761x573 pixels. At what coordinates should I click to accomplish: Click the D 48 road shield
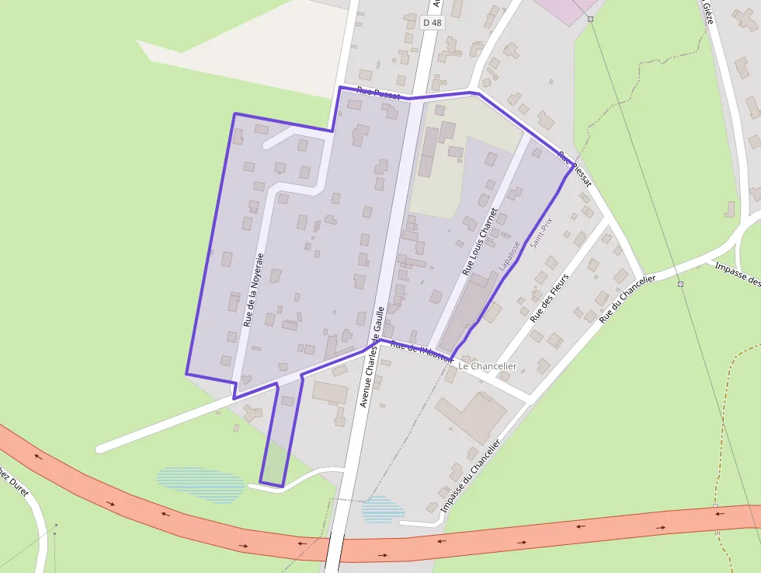coord(432,23)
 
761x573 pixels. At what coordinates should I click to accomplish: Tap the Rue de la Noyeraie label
coord(254,289)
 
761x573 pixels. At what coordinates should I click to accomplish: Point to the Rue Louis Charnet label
coord(479,241)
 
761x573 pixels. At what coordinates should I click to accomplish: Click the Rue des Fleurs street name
coord(549,298)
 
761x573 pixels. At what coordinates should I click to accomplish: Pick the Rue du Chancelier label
coord(627,299)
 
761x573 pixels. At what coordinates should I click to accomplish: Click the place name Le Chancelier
coord(487,365)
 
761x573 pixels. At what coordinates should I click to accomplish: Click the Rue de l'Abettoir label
coord(420,351)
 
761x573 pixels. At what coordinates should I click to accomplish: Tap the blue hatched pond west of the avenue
coord(200,483)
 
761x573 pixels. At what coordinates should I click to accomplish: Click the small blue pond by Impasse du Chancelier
coord(382,509)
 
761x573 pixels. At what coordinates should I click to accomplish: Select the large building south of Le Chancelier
coord(471,416)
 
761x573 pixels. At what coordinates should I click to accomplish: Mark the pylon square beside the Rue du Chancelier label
coord(680,285)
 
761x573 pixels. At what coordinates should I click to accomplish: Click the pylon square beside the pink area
coord(591,19)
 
